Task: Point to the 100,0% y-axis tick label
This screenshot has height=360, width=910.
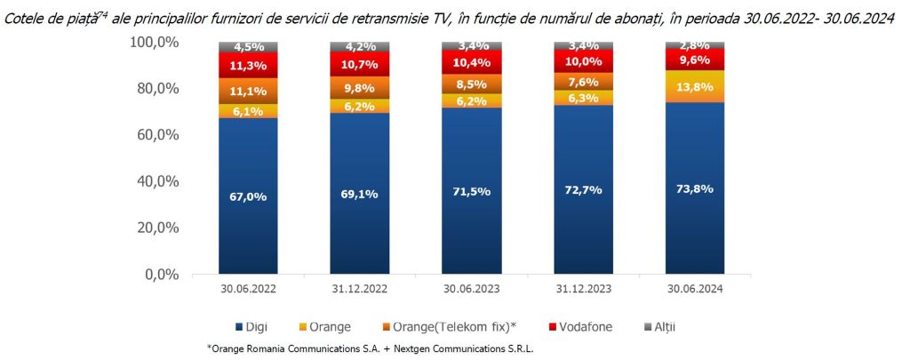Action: pyautogui.click(x=156, y=43)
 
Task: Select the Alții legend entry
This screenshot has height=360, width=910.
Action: pyautogui.click(x=684, y=327)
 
